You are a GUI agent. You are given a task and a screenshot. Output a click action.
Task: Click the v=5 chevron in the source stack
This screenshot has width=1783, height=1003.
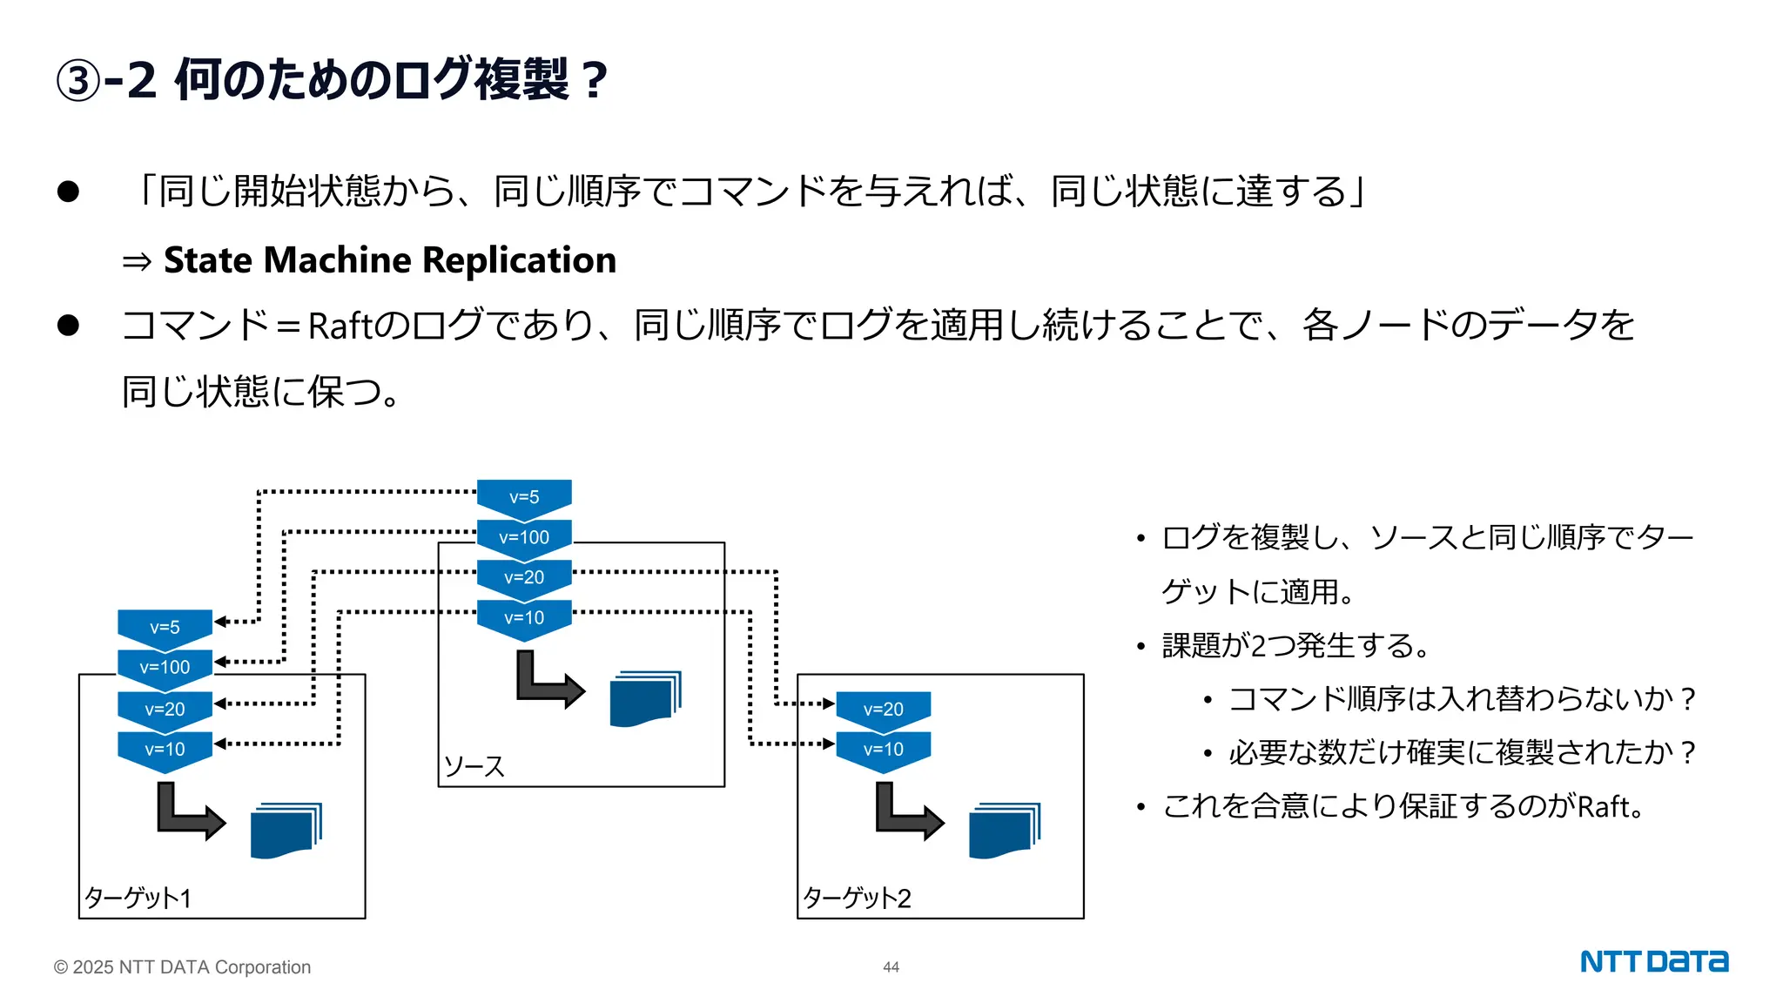pyautogui.click(x=524, y=497)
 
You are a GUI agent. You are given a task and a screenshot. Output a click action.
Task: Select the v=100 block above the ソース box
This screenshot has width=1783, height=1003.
pyautogui.click(x=524, y=537)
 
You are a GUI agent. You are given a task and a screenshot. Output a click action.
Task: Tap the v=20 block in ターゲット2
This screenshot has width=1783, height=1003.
pyautogui.click(x=883, y=709)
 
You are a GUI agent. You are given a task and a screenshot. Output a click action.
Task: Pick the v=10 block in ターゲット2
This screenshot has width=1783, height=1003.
pyautogui.click(x=883, y=749)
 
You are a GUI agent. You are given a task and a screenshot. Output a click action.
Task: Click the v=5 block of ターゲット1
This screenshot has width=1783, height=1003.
pyautogui.click(x=165, y=627)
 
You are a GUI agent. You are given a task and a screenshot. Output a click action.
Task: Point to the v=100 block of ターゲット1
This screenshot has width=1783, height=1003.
pyautogui.click(x=165, y=667)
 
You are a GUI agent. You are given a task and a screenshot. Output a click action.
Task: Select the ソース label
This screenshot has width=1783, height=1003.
pyautogui.click(x=474, y=767)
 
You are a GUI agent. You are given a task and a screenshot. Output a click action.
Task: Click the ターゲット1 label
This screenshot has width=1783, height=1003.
pyautogui.click(x=138, y=898)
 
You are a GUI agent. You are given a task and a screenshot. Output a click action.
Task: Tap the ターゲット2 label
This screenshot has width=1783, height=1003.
pyautogui.click(x=857, y=898)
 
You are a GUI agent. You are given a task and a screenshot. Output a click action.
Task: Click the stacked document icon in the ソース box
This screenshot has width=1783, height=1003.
pyautogui.click(x=645, y=698)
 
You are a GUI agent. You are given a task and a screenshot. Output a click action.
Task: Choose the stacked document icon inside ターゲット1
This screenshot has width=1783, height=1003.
pyautogui.click(x=286, y=831)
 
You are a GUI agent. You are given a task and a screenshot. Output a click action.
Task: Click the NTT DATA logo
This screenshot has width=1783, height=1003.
pyautogui.click(x=1653, y=962)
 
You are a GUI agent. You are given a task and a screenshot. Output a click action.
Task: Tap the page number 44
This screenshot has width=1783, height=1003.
pyautogui.click(x=891, y=967)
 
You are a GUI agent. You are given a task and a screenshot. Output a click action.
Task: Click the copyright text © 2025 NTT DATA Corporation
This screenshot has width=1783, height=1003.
pyautogui.click(x=182, y=967)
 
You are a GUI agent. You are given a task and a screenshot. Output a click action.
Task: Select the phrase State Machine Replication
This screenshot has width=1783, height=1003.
pyautogui.click(x=390, y=260)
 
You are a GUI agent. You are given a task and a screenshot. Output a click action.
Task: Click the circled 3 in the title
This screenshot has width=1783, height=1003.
pyautogui.click(x=78, y=81)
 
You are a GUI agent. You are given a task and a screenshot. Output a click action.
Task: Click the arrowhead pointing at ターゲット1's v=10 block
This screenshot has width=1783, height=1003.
pyautogui.click(x=220, y=744)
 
